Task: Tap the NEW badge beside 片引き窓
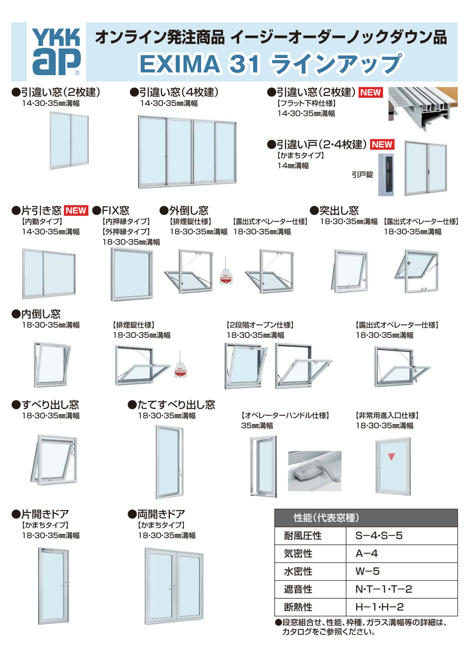click(76, 211)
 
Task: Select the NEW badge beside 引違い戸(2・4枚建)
click(382, 144)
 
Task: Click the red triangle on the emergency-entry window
click(391, 457)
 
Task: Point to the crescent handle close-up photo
click(314, 471)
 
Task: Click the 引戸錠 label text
click(362, 175)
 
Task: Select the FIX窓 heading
click(111, 211)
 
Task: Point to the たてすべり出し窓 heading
click(171, 405)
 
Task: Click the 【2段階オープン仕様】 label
click(260, 325)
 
